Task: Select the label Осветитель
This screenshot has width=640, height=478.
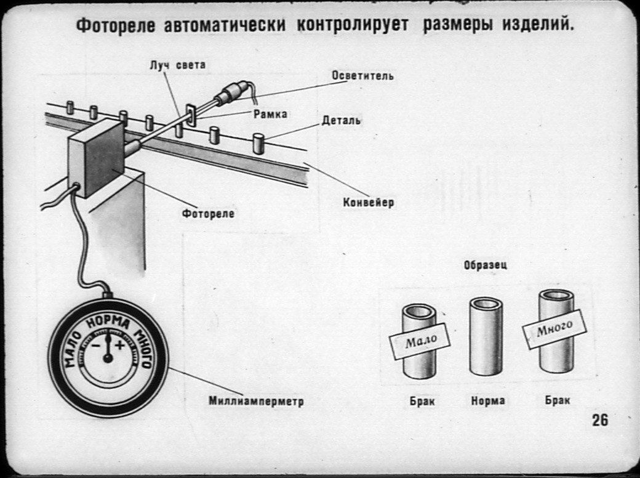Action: (x=362, y=76)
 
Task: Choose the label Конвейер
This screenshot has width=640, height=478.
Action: (x=369, y=202)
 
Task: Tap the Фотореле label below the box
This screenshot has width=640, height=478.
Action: (x=208, y=214)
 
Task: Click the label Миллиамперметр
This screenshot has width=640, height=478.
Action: (x=256, y=402)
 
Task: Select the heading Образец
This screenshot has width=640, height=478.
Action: (x=485, y=265)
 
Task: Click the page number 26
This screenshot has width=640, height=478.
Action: (x=600, y=420)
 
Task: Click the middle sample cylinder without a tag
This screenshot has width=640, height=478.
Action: (x=486, y=336)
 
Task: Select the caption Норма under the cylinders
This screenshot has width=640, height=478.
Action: (x=488, y=401)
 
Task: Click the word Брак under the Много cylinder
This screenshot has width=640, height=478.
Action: (x=557, y=400)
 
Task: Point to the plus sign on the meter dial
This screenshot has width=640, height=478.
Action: (x=119, y=346)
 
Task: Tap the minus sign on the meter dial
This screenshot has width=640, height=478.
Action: (x=97, y=346)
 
